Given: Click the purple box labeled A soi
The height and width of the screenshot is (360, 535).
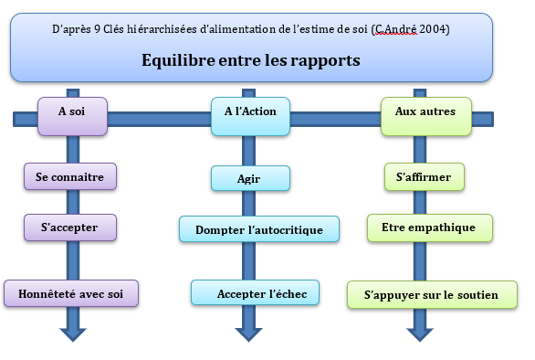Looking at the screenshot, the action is tap(72, 116).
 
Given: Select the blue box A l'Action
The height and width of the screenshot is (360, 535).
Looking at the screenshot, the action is tap(250, 116).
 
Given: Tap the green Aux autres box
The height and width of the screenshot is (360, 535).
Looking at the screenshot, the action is tap(426, 116).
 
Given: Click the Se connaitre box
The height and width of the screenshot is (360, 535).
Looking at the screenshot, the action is tap(70, 176).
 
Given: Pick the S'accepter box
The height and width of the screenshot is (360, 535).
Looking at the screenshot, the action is tap(70, 228).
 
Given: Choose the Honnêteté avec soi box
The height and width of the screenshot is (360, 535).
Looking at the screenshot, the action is tap(71, 293).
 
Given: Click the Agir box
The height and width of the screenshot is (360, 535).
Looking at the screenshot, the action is tap(250, 178).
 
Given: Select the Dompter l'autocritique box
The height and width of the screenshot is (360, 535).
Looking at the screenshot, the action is tap(259, 229).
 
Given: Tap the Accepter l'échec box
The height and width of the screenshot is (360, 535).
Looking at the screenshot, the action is tap(256, 292).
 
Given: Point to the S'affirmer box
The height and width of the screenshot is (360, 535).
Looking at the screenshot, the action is tap(425, 177).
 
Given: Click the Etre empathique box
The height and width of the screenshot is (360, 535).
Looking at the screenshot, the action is tap(430, 228).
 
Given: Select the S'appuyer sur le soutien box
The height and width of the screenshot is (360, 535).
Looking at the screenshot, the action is tap(433, 295).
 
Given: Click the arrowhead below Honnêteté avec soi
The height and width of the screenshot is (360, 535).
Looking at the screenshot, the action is tap(73, 334).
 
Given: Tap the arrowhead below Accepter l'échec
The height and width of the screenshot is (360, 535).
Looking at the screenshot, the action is tap(248, 334).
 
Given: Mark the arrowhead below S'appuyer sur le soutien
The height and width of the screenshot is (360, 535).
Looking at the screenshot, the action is tap(420, 334).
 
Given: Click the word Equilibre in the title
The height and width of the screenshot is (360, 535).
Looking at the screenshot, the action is tap(178, 60).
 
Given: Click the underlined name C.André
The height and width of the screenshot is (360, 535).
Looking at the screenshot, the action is tap(395, 29).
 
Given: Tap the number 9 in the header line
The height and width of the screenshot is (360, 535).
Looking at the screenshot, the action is tap(98, 29).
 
